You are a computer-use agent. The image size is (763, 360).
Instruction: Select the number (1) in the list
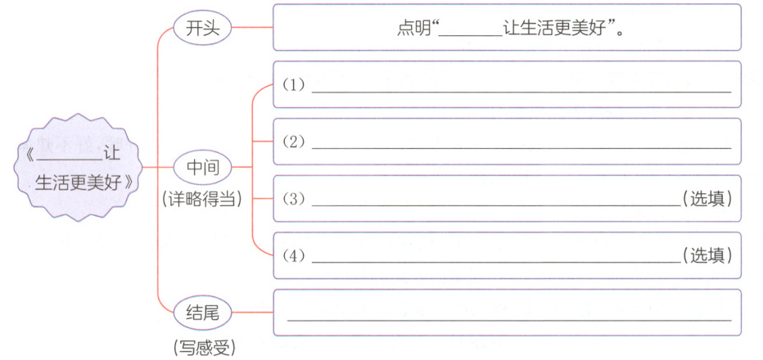click(293, 85)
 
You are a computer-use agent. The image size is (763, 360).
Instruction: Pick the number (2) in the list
click(293, 142)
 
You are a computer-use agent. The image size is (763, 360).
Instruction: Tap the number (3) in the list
click(293, 199)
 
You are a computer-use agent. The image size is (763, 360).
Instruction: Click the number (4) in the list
click(293, 255)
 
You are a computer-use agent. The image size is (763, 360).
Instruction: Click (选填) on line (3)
click(707, 199)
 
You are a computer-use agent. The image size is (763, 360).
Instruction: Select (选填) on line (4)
click(707, 255)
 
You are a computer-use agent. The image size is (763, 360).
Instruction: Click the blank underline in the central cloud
click(70, 158)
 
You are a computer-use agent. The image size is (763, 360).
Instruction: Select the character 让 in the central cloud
click(112, 152)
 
